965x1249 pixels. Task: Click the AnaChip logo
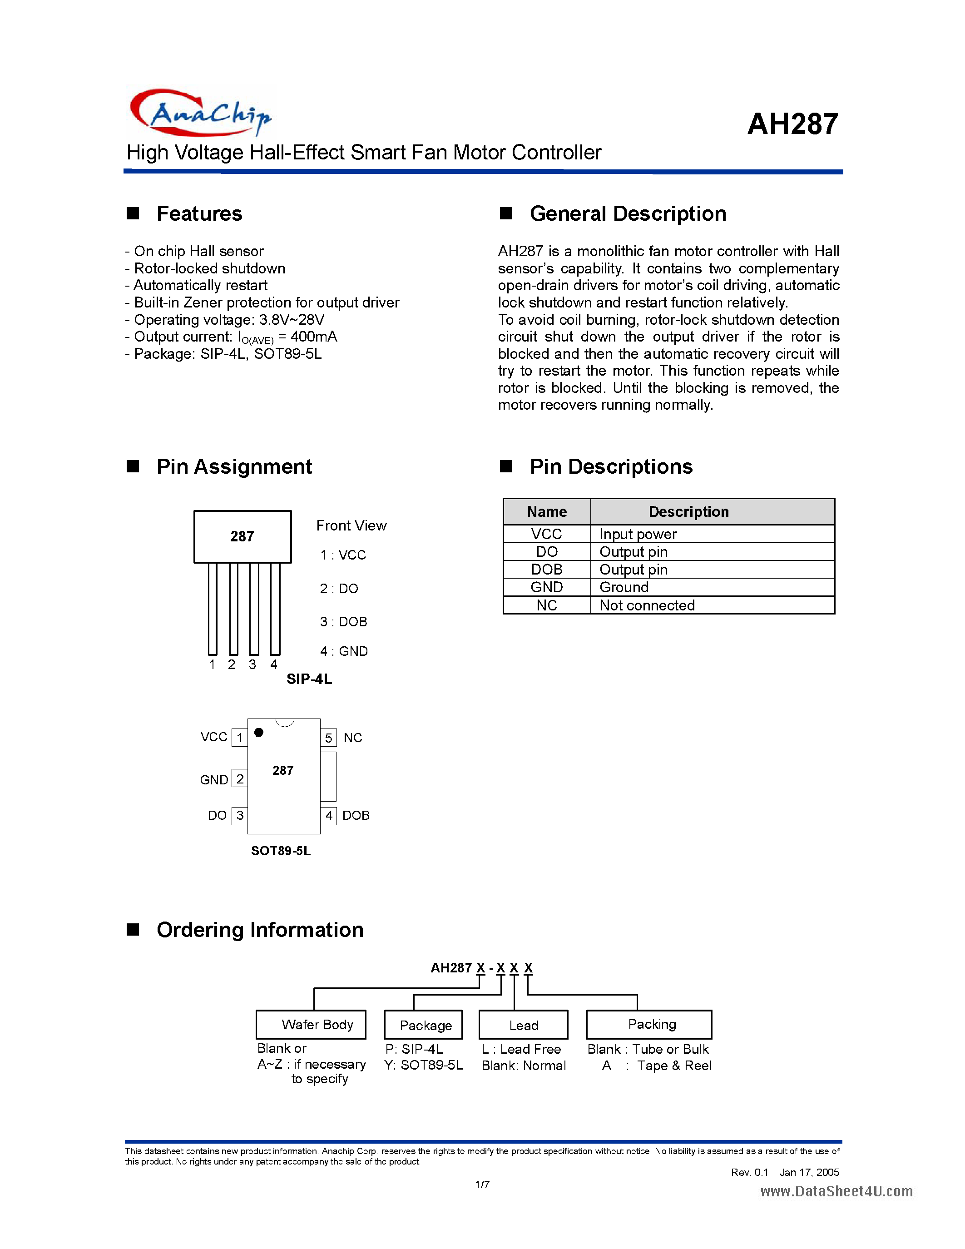(x=200, y=113)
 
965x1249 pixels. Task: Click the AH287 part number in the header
(x=792, y=124)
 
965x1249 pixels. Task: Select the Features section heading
(x=199, y=214)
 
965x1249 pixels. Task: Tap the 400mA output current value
(x=314, y=337)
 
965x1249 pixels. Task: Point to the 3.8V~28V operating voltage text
(x=292, y=320)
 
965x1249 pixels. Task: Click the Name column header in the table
(x=546, y=512)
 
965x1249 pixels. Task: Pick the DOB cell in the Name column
(x=546, y=570)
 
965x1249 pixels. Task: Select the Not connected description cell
(x=647, y=605)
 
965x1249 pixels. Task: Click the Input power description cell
(x=638, y=534)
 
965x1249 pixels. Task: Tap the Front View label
(x=351, y=525)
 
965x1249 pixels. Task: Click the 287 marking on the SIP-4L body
(x=242, y=536)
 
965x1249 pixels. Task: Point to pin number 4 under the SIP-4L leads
(x=274, y=664)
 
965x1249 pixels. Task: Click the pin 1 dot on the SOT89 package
(x=259, y=733)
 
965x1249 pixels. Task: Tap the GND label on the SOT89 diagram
(x=214, y=780)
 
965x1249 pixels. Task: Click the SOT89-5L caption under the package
(x=281, y=851)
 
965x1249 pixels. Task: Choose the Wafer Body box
(x=311, y=1025)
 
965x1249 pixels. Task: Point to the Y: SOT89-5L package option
(x=423, y=1066)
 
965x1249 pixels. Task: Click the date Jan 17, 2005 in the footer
(x=809, y=1172)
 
